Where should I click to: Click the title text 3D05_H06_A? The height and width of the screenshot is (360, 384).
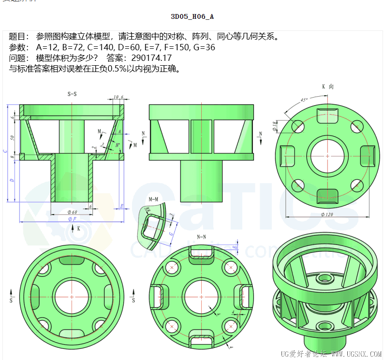(192, 16)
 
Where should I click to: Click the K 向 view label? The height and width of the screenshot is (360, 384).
(327, 86)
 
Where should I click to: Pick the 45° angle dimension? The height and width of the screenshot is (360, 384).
(304, 100)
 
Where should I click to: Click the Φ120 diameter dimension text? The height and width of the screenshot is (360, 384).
(328, 214)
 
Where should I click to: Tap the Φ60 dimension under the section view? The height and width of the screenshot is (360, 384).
(72, 212)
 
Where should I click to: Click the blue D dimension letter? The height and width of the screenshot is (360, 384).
(12, 181)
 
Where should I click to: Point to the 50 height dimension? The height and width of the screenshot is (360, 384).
(13, 138)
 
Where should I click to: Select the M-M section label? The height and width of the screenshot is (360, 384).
(154, 199)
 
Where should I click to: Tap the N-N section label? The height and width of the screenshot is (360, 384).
(201, 237)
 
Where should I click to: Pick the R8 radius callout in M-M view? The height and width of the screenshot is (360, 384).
(147, 210)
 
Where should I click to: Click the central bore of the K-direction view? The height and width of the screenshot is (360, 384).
(327, 157)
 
